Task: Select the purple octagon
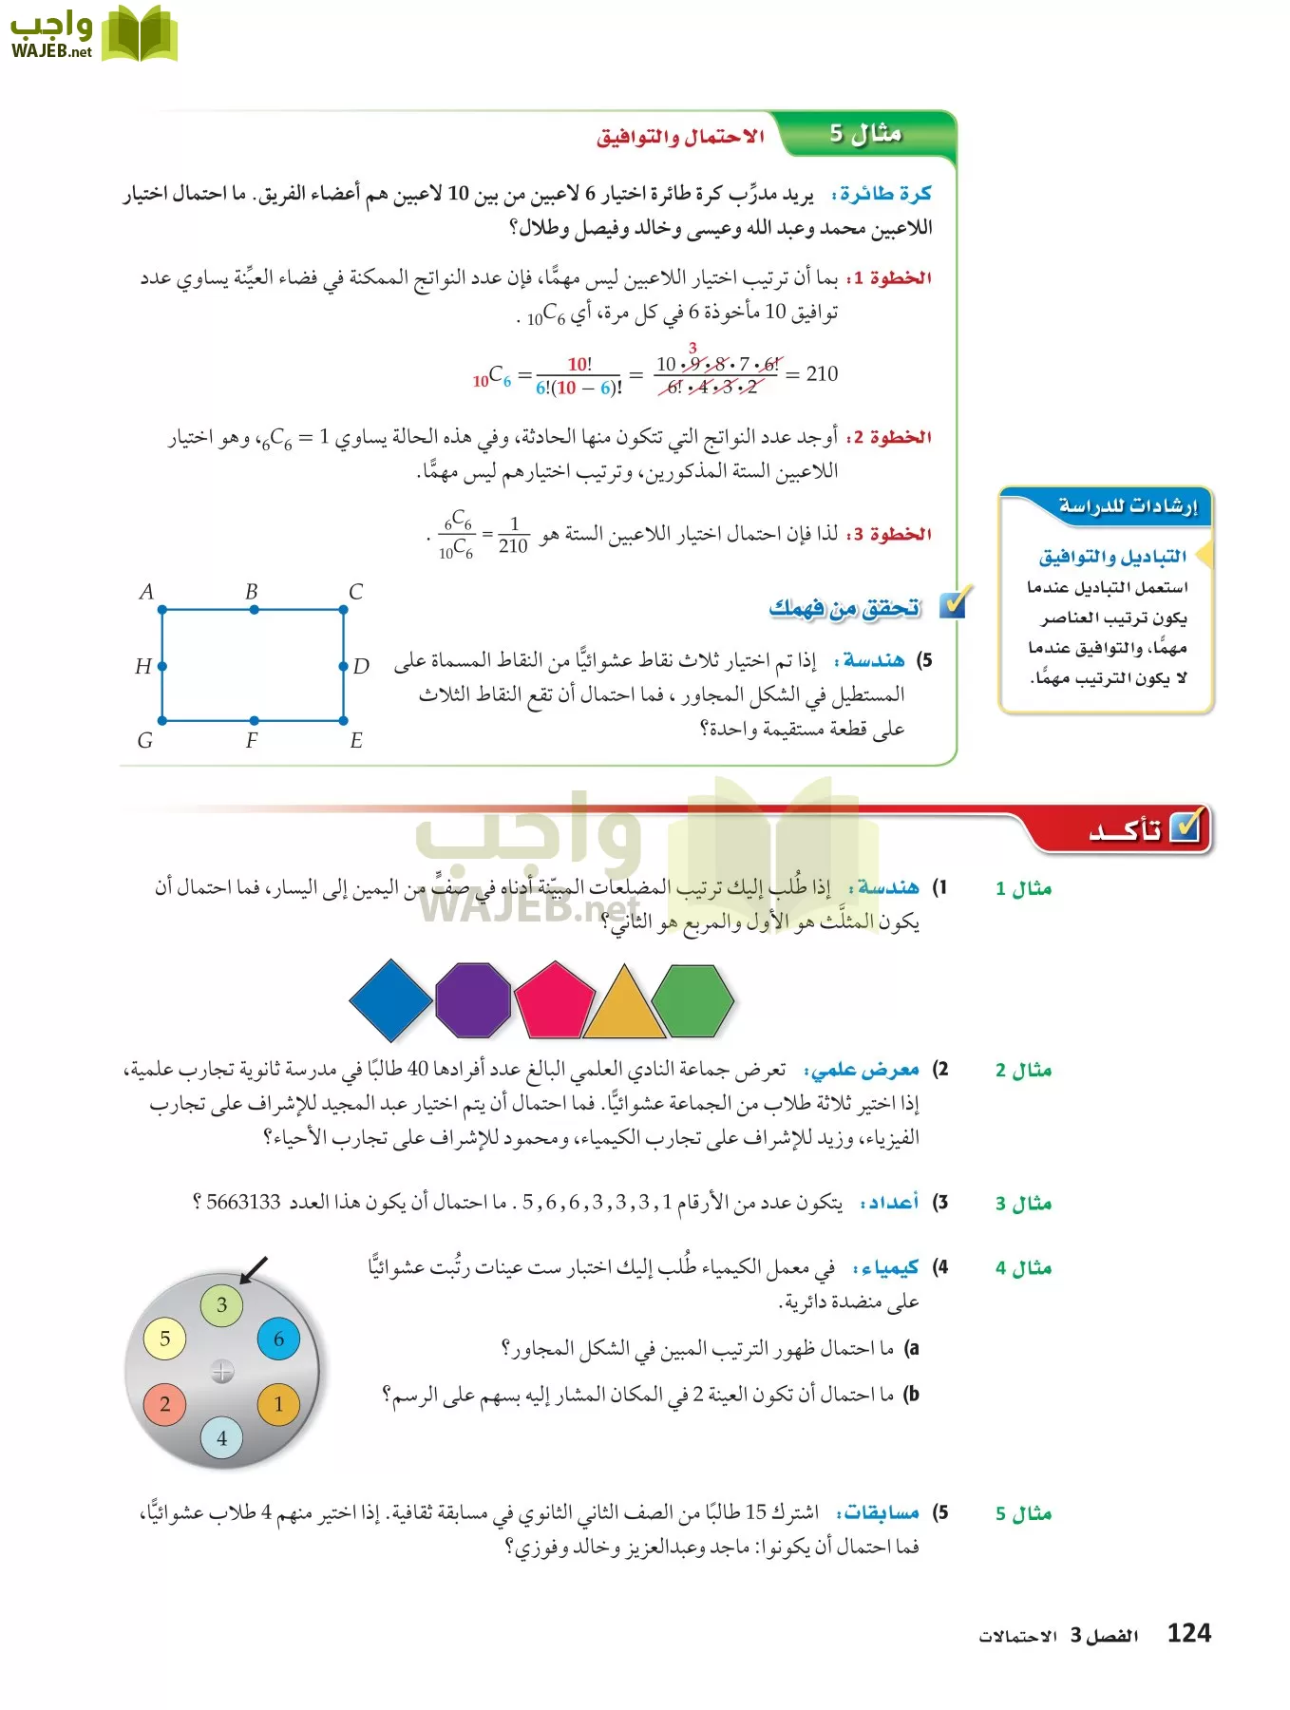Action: pos(473,999)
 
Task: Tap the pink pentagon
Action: pos(554,1000)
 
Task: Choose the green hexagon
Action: pos(694,1000)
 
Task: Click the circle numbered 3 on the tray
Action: pos(222,1304)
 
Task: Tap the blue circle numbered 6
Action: pos(278,1339)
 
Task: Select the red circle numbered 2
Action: pos(165,1404)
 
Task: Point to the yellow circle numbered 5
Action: pos(165,1339)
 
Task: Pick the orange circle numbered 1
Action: pos(278,1404)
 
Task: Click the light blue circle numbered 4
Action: pos(222,1437)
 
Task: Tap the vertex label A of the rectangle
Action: pos(146,592)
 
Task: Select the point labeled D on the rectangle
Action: pos(344,666)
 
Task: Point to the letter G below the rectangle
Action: pos(145,741)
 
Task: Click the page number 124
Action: pos(1188,1633)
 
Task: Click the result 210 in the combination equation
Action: pos(822,373)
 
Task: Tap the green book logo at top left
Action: pos(139,34)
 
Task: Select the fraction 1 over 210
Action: pos(513,535)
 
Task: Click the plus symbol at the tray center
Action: pos(222,1371)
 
